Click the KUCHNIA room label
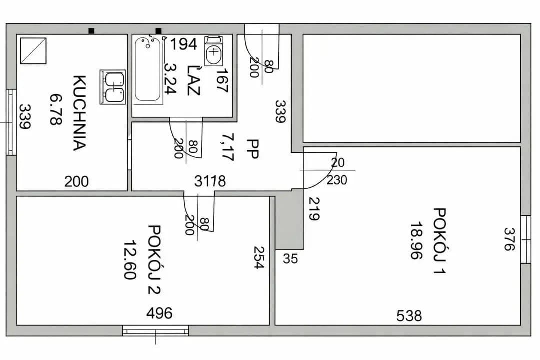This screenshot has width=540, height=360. [x=79, y=113]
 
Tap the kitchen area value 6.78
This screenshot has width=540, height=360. [x=56, y=109]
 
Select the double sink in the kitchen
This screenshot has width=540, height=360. [x=112, y=87]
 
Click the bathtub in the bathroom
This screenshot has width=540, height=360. [x=148, y=70]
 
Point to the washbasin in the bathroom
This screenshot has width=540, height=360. [x=213, y=51]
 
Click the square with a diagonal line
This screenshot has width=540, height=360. [x=33, y=51]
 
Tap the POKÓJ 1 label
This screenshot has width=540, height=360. [x=440, y=241]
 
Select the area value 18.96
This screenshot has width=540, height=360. [x=416, y=240]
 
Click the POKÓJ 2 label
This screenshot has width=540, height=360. [x=154, y=260]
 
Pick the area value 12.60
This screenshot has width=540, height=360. [x=130, y=260]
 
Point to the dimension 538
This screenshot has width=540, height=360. [x=409, y=316]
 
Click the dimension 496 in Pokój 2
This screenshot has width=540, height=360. [x=159, y=313]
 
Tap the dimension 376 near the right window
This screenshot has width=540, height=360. [x=509, y=239]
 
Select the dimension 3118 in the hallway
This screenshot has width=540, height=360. [x=210, y=181]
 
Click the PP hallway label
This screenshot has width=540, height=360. [x=253, y=149]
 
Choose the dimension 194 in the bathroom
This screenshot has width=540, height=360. [x=184, y=44]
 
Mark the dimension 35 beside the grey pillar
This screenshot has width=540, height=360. [x=290, y=258]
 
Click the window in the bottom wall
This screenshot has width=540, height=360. [x=155, y=331]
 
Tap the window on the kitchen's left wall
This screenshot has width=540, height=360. [x=11, y=122]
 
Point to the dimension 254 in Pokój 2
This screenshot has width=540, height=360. [x=259, y=257]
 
